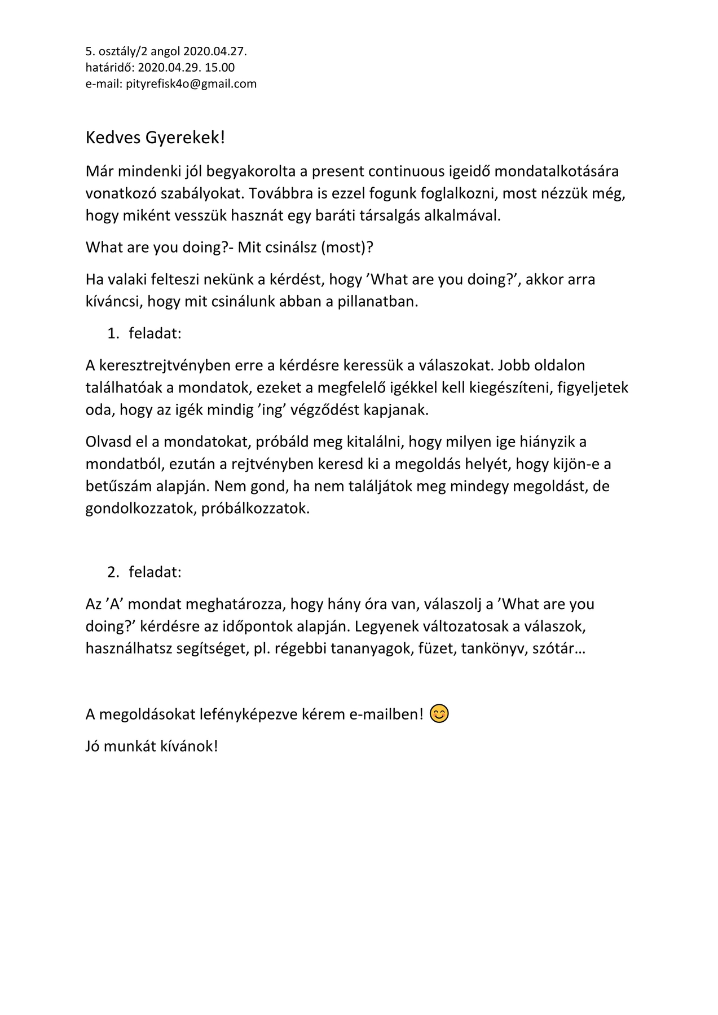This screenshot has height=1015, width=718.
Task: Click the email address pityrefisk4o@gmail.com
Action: pyautogui.click(x=191, y=84)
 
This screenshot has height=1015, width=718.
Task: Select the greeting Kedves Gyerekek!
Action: pyautogui.click(x=155, y=138)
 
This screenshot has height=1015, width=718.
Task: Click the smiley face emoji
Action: pyautogui.click(x=439, y=714)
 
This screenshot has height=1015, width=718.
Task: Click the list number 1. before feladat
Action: pyautogui.click(x=113, y=333)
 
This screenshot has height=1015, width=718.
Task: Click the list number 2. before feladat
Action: pyautogui.click(x=113, y=572)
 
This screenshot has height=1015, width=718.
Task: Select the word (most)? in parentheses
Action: pyautogui.click(x=347, y=247)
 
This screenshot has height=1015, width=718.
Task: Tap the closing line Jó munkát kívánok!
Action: pyautogui.click(x=151, y=746)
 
